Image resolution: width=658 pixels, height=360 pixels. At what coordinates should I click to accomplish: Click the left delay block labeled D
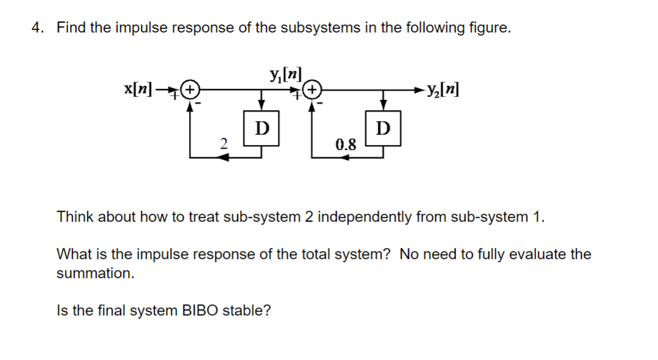pos(262,127)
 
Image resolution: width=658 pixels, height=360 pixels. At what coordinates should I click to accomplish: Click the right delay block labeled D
pos(383,127)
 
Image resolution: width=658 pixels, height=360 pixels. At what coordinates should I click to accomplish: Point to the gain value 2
pos(224,144)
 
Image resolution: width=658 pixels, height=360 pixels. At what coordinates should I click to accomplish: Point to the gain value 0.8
pos(346,144)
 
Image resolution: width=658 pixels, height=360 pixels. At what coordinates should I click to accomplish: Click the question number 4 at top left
pos(37,28)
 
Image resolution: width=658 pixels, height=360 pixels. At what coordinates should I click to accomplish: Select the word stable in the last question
pos(246,310)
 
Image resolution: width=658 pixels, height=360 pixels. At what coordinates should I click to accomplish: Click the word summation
pos(95,274)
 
